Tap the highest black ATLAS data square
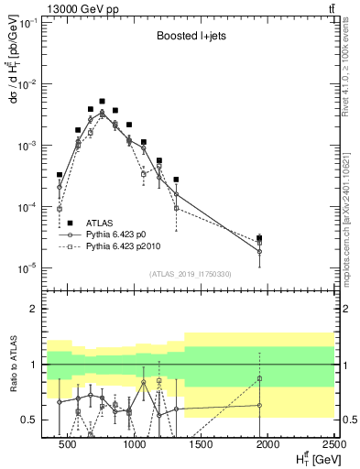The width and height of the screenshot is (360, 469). [103, 102]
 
